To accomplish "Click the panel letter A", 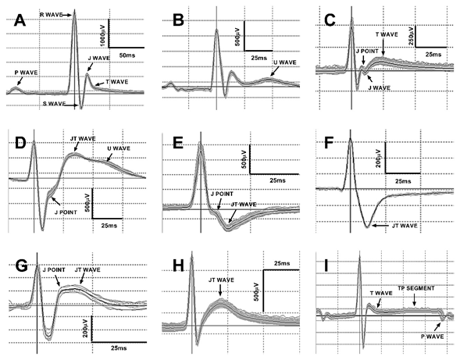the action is point(20,20).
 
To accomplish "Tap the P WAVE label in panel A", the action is point(27,73).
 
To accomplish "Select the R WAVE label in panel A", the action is point(51,14).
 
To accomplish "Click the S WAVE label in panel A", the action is point(54,104).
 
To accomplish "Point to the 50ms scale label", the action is point(127,55).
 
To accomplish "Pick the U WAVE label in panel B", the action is point(285,62).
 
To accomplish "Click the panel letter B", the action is point(178,20).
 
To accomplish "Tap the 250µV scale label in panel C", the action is point(411,35).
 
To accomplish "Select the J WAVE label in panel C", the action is point(379,87).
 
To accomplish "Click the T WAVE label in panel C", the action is point(387,34).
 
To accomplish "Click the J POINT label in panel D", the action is point(66,212).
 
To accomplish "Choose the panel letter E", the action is point(178,143).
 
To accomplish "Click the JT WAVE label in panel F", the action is point(405,226).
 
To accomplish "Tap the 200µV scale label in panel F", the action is point(379,159).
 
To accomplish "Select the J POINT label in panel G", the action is point(54,269).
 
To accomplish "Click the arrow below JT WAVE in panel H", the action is point(220,290).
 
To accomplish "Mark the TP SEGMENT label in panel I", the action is point(416,288).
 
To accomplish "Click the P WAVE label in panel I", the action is point(433,337).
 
